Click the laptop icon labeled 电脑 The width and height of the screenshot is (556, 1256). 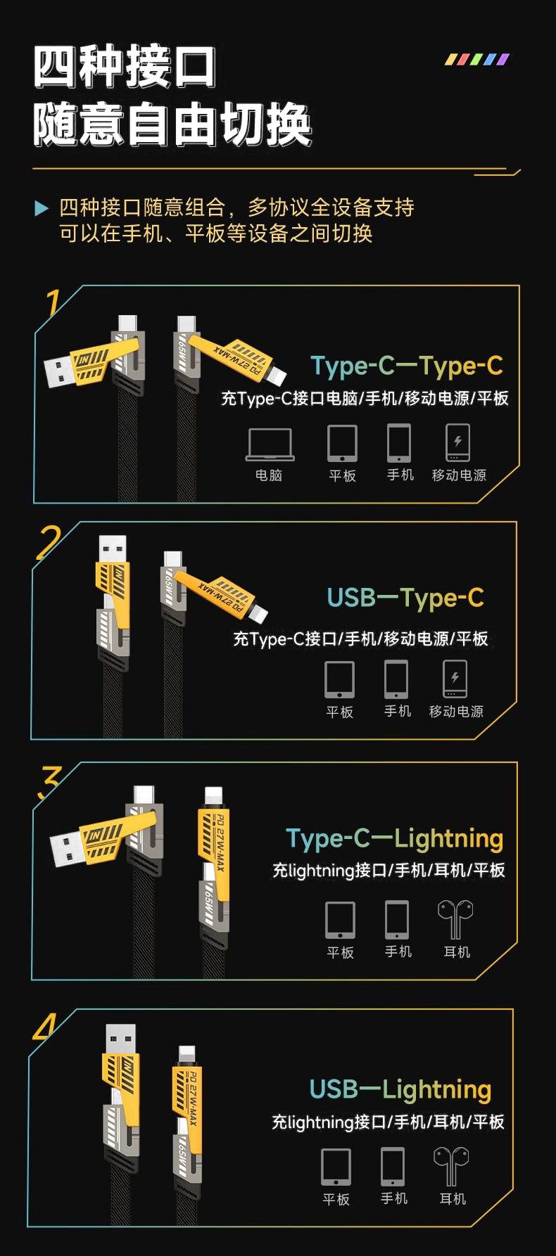270,444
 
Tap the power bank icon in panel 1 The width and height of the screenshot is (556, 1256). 457,442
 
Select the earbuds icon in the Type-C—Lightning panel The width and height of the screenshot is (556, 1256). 455,919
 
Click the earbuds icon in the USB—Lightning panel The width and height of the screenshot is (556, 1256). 451,1166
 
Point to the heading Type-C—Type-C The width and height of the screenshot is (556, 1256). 407,366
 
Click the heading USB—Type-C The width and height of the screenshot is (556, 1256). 405,598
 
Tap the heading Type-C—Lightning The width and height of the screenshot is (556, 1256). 394,838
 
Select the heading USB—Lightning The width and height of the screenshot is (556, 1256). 400,1089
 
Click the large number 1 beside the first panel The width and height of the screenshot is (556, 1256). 53,304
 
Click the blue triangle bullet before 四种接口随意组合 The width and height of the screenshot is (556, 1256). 42,208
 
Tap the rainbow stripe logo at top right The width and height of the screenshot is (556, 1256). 476,60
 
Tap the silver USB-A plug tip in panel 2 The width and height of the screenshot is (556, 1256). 113,549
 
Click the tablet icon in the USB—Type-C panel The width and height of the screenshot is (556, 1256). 339,679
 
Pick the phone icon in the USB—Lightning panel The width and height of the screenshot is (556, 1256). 393,1166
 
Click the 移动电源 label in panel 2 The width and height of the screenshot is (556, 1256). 456,712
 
